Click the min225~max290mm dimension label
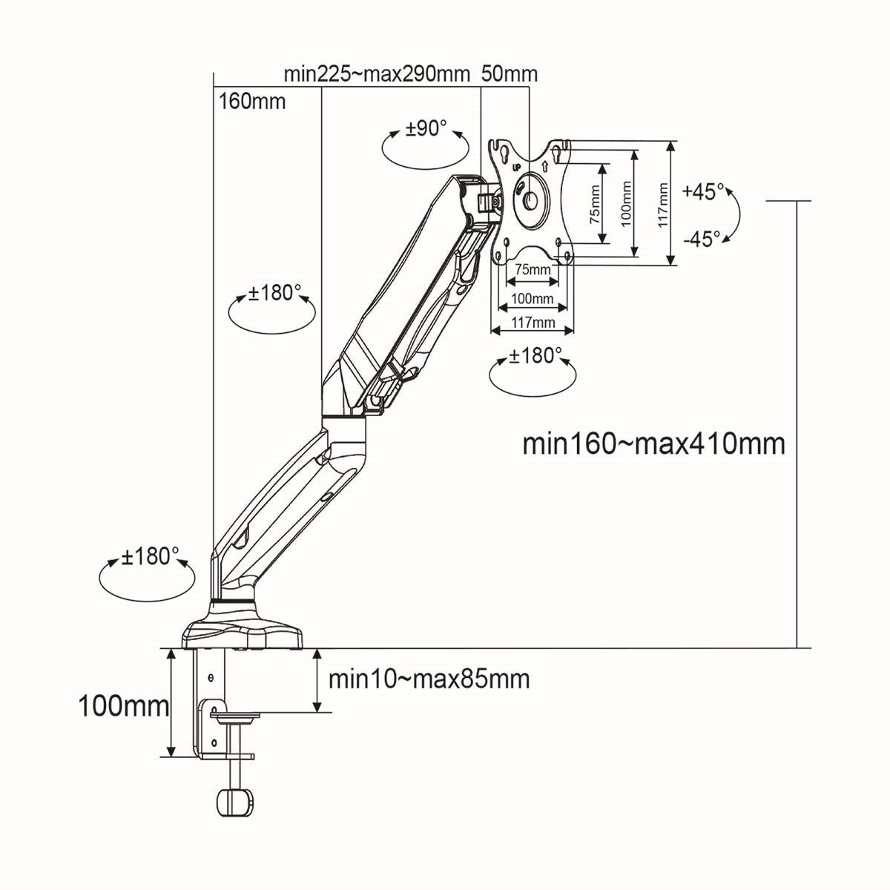point(377,74)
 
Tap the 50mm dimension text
point(510,74)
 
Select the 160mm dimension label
point(252,101)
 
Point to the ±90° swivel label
point(426,128)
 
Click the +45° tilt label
point(703,191)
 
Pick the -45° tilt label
point(702,239)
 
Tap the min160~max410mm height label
point(653,444)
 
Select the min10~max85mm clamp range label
point(429,679)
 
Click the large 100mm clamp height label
point(124,706)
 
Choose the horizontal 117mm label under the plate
point(533,322)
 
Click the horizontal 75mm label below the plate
point(533,269)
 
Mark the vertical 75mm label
point(594,205)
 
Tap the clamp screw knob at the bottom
point(235,802)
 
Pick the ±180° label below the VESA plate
point(532,357)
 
